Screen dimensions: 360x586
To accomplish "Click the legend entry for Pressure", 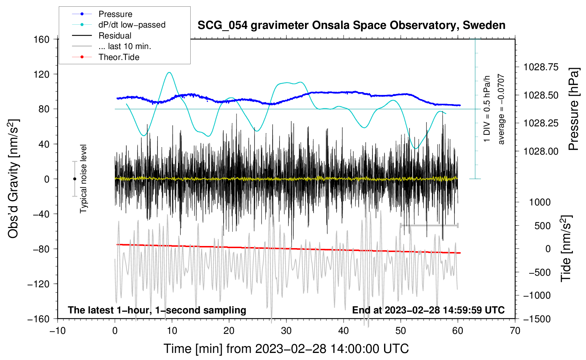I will pos(115,14).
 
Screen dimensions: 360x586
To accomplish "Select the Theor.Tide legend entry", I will pos(119,57).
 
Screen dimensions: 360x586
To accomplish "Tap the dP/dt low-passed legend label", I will pos(132,25).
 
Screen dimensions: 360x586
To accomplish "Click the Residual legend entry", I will pos(115,36).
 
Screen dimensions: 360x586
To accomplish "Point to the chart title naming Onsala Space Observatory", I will pos(351,25).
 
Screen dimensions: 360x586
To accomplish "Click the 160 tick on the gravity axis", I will pos(42,39).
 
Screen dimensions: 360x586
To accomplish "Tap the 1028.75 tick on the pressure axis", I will pos(541,67).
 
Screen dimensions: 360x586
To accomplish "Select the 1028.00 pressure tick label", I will pos(541,151).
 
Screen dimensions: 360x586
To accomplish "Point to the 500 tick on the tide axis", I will pos(543,226).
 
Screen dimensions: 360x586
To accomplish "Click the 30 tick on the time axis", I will pos(286,331).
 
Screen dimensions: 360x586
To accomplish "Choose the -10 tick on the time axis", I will pos(58,331).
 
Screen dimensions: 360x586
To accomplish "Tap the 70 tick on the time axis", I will pos(515,331).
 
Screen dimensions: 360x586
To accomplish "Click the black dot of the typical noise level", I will pos(74,179).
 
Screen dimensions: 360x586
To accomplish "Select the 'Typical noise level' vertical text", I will pos(83,179).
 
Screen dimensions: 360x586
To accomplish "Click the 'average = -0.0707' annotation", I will pos(501,109).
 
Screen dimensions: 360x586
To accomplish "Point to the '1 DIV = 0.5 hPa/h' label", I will pos(487,109).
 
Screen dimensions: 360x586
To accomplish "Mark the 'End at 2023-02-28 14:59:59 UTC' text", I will pos(428,310).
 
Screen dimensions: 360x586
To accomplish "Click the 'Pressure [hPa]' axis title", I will pos(574,109).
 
